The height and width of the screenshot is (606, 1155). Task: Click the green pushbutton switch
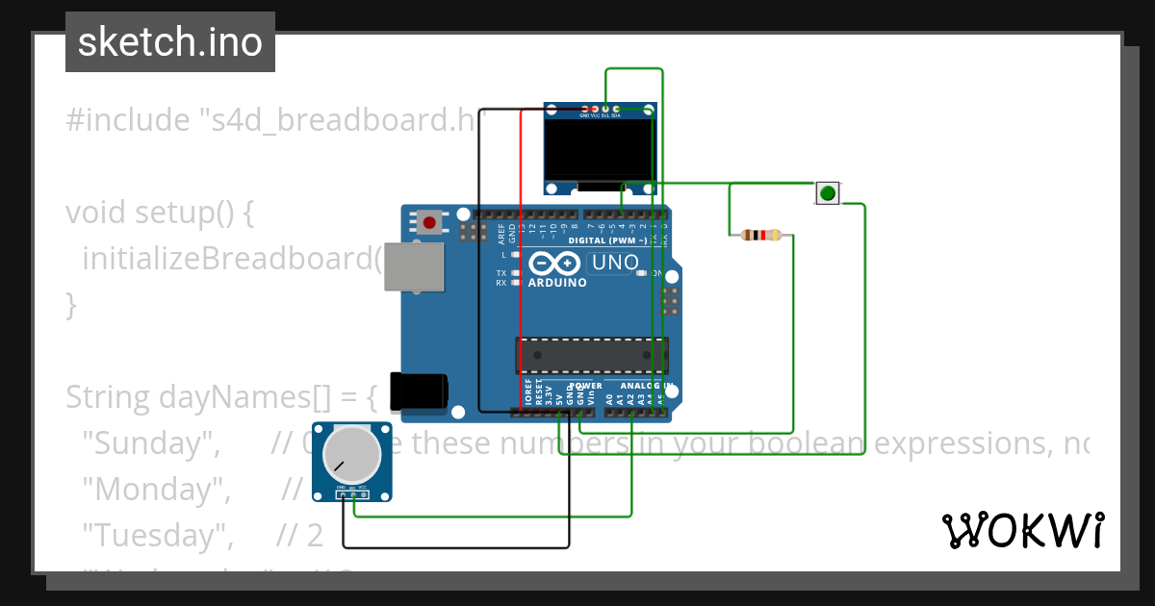[827, 193]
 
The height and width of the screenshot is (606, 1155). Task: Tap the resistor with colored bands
[760, 235]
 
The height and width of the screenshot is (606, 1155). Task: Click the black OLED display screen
[599, 149]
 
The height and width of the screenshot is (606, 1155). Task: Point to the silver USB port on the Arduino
[415, 266]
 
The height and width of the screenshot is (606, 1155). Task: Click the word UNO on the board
[614, 263]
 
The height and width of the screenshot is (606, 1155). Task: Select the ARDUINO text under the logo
[556, 283]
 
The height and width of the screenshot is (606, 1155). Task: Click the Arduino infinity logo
[552, 263]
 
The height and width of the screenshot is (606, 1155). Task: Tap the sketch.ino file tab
[170, 42]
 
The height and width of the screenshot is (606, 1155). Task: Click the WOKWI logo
[1022, 530]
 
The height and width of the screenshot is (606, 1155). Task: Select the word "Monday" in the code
[157, 490]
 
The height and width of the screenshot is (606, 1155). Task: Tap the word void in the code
[97, 213]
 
